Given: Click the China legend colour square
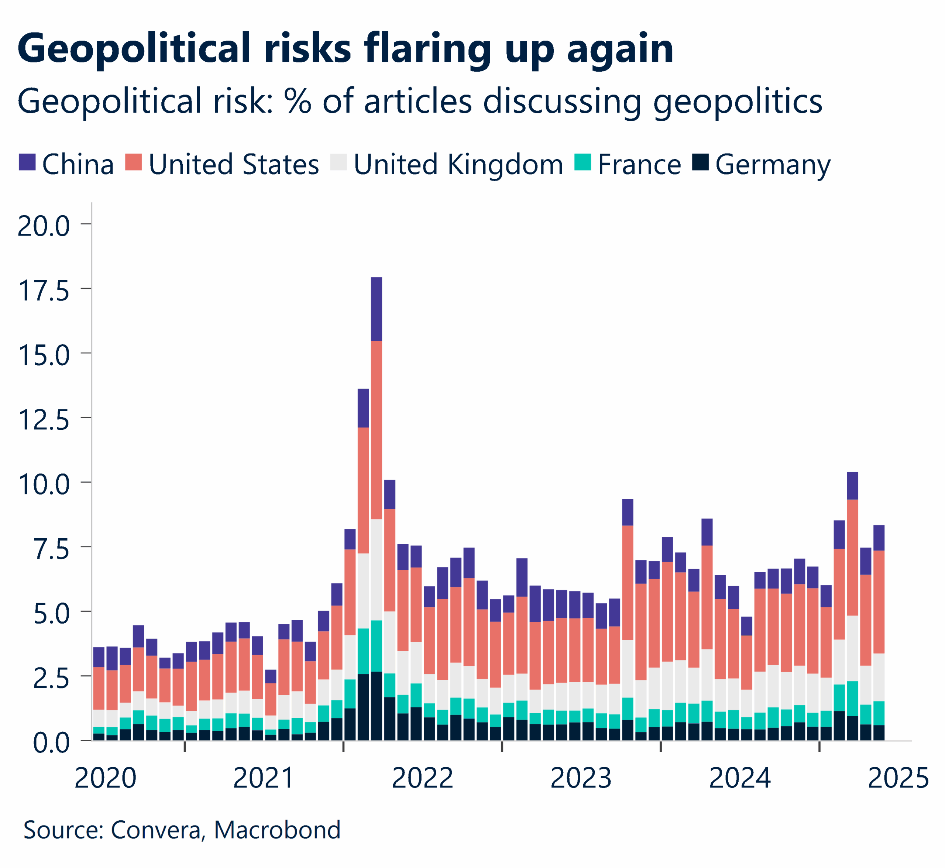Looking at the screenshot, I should [x=27, y=162].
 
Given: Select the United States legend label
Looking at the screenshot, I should [x=233, y=165].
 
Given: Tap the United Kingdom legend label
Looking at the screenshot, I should [x=458, y=165].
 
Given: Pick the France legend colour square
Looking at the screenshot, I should [x=583, y=162].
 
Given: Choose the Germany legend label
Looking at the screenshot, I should [x=773, y=165].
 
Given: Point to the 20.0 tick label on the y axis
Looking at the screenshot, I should [x=44, y=226].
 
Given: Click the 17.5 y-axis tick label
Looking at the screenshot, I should [x=44, y=291].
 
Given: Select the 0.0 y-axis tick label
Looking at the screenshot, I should [x=51, y=743].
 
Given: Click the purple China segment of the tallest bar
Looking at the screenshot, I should [x=376, y=309].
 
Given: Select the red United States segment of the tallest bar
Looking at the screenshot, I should [x=376, y=430].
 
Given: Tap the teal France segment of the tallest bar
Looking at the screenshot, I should [x=376, y=646].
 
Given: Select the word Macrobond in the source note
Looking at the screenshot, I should [x=277, y=830].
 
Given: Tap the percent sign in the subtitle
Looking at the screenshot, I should [x=298, y=101].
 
